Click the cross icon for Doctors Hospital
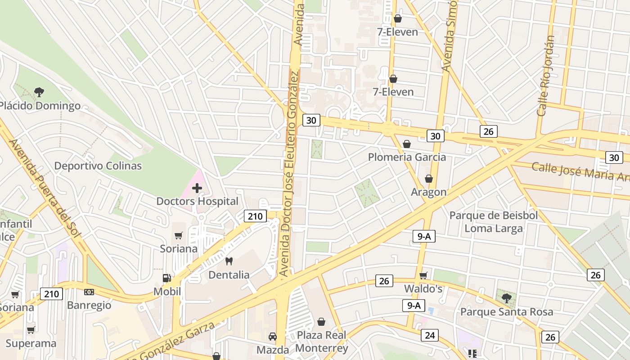pos(197,188)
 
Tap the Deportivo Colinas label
pos(98,166)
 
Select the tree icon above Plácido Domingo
pos(39,92)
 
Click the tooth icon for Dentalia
pos(229,261)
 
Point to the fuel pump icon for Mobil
pos(167,278)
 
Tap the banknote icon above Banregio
pos(89,292)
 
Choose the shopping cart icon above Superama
pos(31,330)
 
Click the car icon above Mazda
pos(273,337)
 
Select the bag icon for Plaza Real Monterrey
pos(321,322)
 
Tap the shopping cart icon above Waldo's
pos(423,275)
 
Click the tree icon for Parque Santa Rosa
pos(506,298)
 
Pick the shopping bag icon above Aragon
pos(429,179)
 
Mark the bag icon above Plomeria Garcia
pos(407,144)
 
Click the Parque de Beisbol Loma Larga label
pos(494,222)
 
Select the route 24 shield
pos(430,335)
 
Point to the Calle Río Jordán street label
pos(545,76)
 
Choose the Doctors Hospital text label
pos(197,201)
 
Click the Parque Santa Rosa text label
pos(507,312)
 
